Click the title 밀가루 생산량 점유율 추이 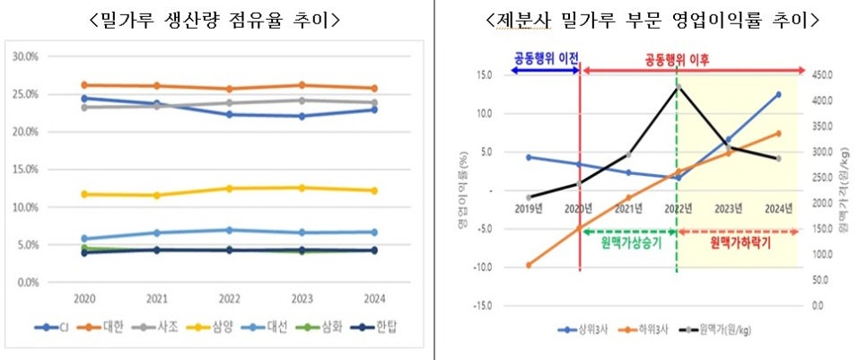(x=215, y=21)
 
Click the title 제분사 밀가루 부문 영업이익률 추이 (x=652, y=21)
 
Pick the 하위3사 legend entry (x=642, y=330)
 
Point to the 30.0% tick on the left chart (x=27, y=56)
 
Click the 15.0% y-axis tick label (x=27, y=169)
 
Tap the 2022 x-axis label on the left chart (x=230, y=299)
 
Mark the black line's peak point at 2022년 (x=679, y=87)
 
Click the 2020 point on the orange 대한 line (x=84, y=85)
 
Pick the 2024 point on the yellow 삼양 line (x=374, y=191)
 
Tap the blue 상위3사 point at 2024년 (x=778, y=94)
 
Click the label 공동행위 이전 (x=545, y=57)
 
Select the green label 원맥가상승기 (x=631, y=242)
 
